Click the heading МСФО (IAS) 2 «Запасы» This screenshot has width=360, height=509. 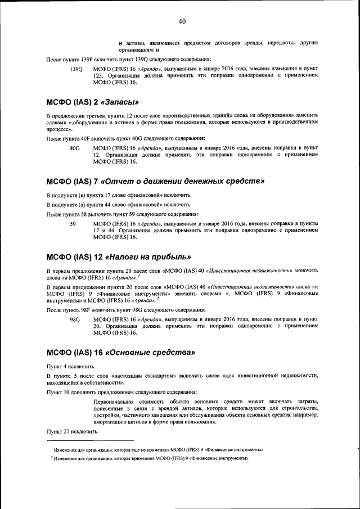(92, 102)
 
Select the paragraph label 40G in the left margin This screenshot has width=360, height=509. (74, 147)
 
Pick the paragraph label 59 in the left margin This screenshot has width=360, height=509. (73, 224)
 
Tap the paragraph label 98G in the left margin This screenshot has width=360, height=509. (74, 319)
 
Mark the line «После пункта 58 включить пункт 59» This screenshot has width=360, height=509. (121, 214)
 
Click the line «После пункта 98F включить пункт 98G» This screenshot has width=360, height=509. (125, 310)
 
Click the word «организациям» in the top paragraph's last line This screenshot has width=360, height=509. (138, 50)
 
